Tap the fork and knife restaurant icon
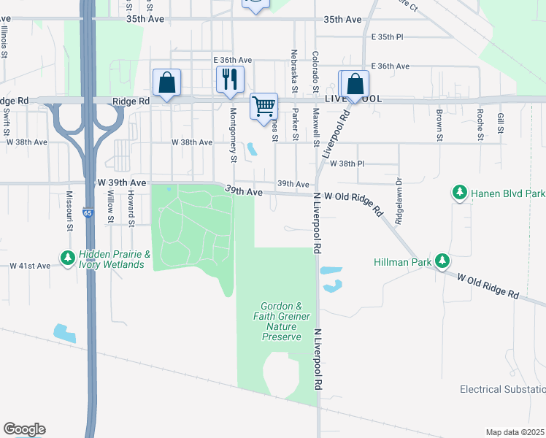click(230, 80)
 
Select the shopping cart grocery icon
click(264, 106)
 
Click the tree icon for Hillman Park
click(441, 261)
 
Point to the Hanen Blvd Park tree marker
click(459, 193)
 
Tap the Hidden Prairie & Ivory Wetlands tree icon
click(67, 258)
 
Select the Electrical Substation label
click(502, 389)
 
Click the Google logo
click(24, 429)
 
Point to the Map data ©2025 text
click(515, 432)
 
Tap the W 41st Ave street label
click(30, 266)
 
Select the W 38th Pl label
click(347, 164)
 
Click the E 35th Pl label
click(388, 36)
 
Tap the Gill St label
click(500, 123)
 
